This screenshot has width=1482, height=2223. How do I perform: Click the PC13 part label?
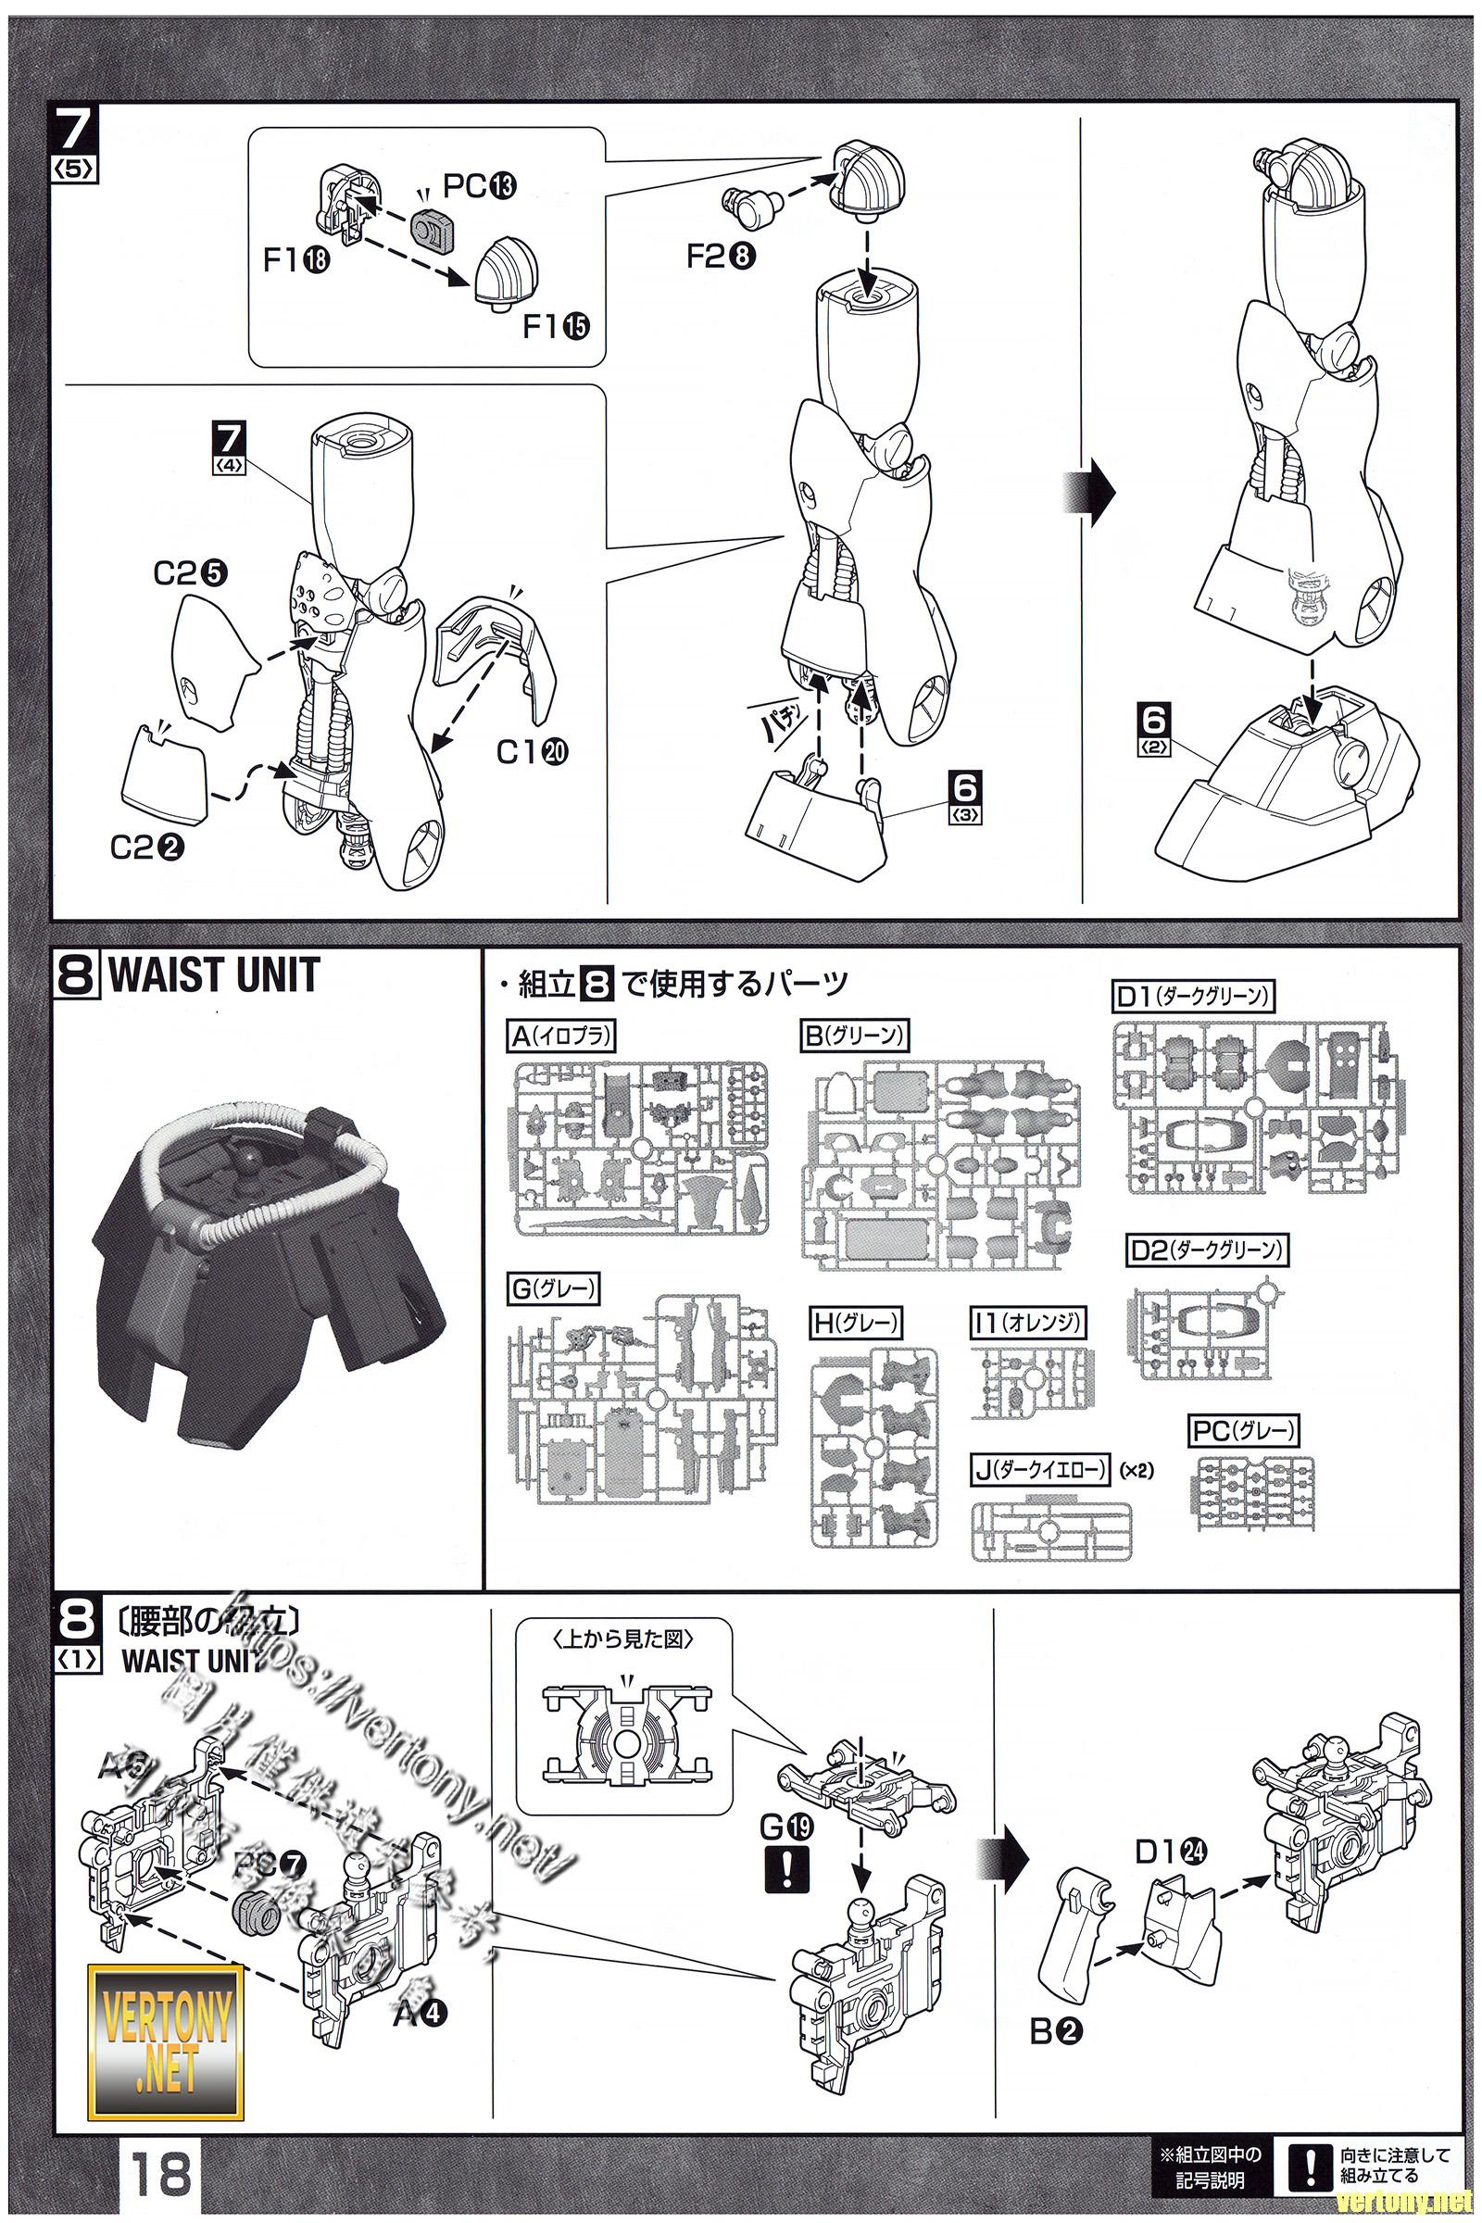point(479,186)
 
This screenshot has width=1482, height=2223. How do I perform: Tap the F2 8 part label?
point(721,257)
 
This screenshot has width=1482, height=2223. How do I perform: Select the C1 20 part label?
point(532,751)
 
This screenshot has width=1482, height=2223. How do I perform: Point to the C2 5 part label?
point(190,573)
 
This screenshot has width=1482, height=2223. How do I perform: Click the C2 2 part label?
point(146,848)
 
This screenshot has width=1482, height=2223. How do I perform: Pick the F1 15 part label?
point(556,326)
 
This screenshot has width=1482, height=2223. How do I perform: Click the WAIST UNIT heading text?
point(215,976)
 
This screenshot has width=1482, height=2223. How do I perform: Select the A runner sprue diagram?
point(639,1148)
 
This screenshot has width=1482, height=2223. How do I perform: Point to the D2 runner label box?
point(1207,1250)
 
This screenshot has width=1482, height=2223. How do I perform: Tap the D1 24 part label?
point(1170,1852)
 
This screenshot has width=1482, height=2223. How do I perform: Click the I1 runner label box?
point(1028,1323)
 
